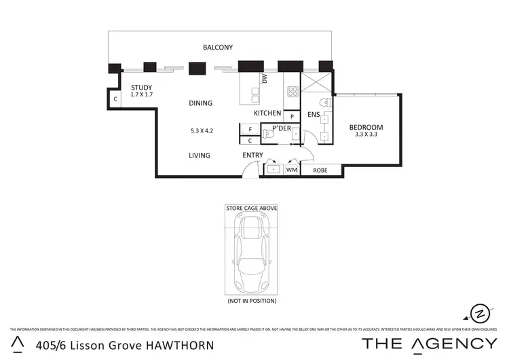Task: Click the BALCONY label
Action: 218,48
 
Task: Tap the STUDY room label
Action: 141,88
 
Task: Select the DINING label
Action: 200,103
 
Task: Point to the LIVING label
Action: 200,156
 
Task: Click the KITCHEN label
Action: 267,113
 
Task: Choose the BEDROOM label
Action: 366,127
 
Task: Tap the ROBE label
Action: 320,170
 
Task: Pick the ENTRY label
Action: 253,156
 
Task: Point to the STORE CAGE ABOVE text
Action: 251,208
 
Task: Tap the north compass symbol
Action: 480,312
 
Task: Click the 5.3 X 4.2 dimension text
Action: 202,130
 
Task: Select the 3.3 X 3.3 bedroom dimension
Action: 366,135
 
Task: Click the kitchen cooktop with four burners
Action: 293,92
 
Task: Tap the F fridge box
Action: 250,129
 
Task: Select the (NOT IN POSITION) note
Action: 251,300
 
